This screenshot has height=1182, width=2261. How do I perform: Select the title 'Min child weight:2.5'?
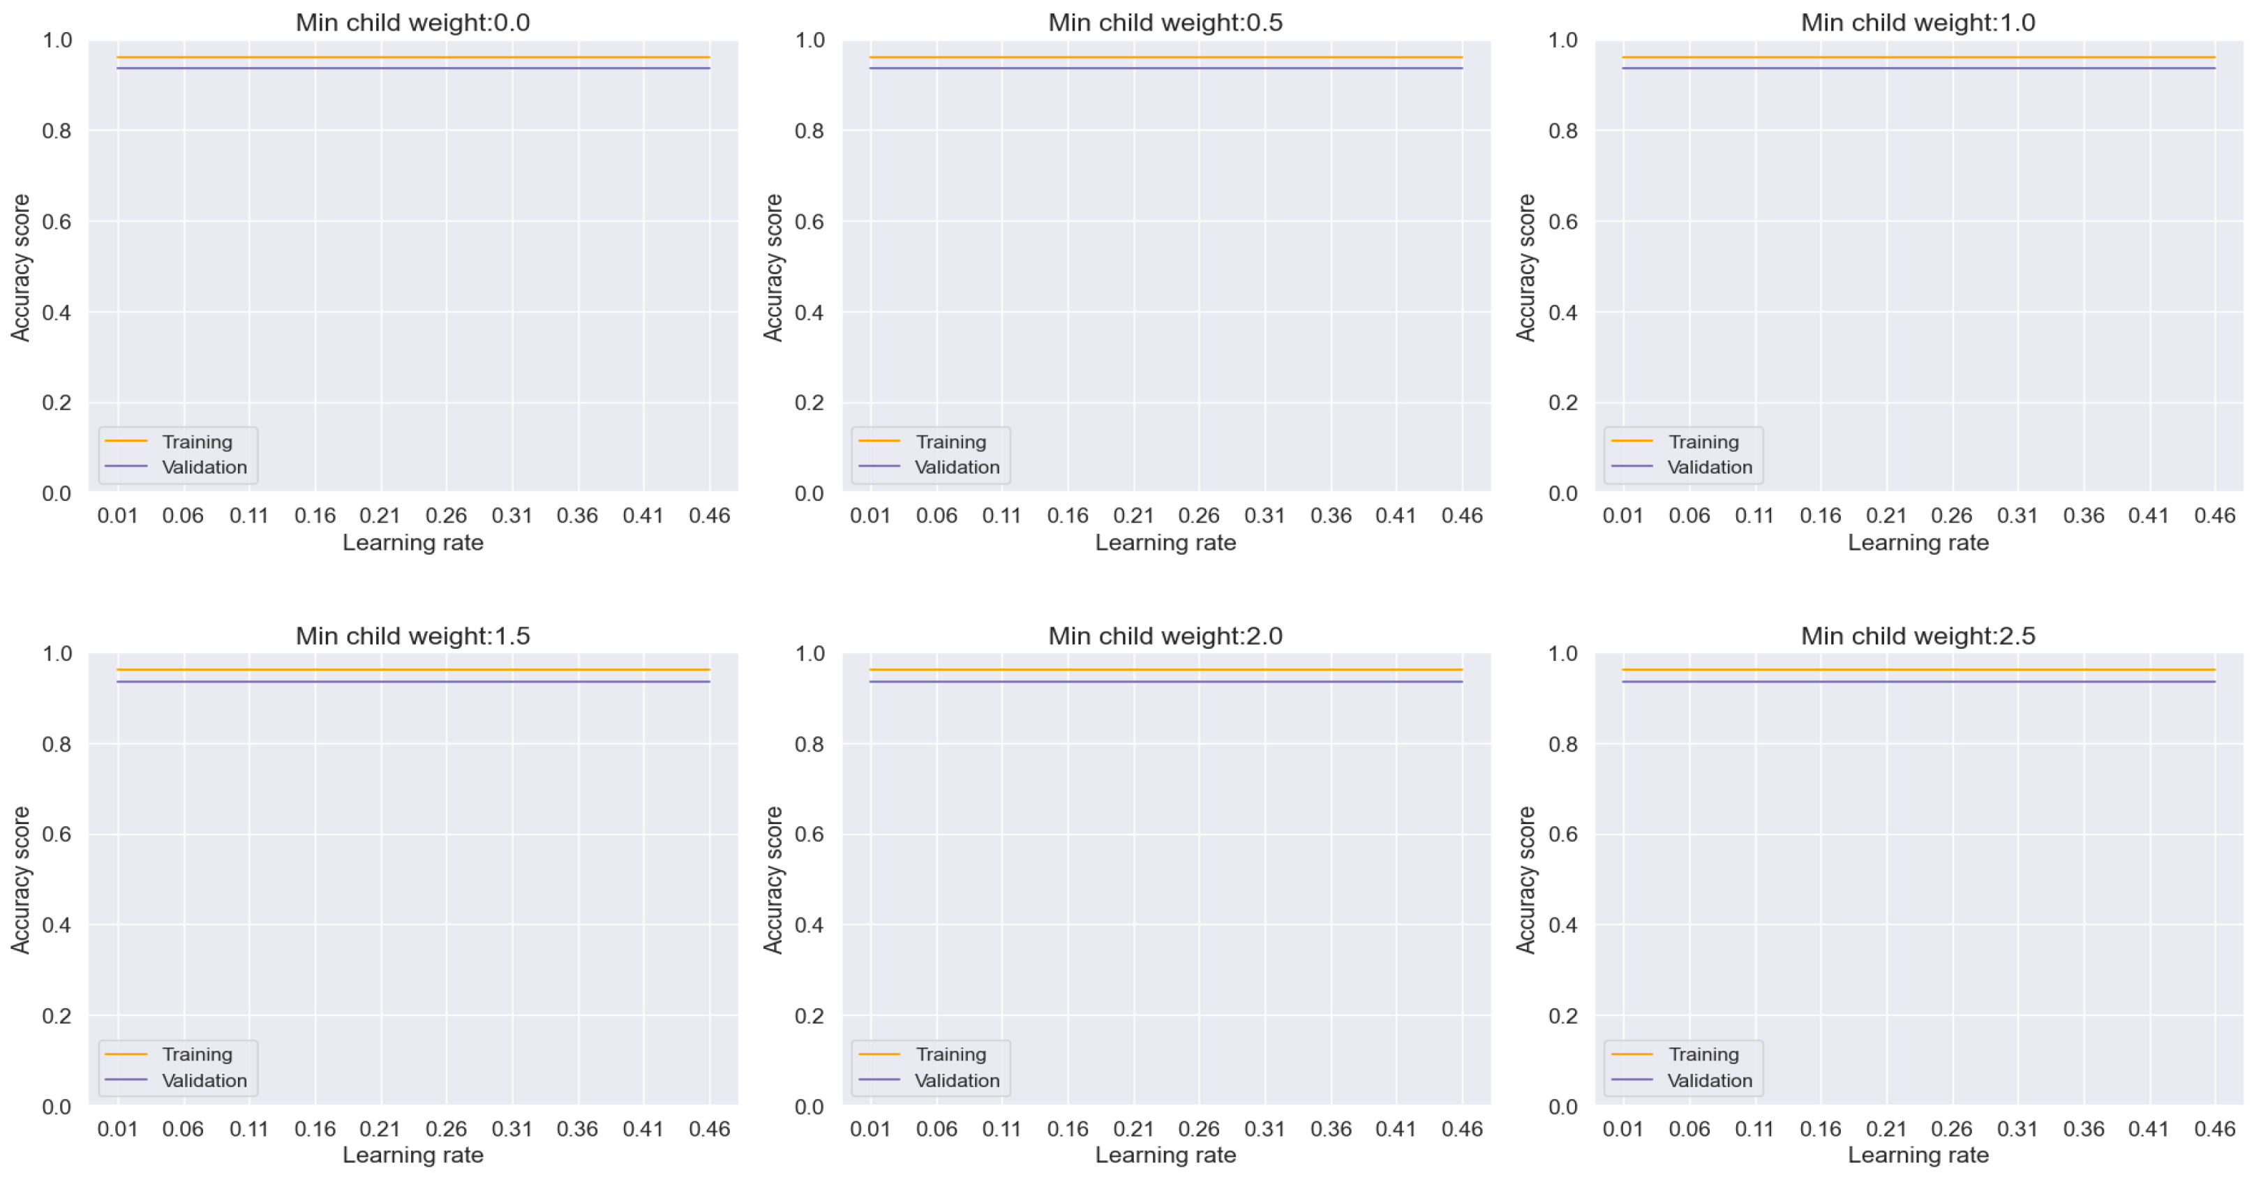point(1918,636)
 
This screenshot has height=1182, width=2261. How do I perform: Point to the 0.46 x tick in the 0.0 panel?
point(709,516)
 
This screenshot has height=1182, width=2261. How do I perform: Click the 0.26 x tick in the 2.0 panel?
point(1198,1128)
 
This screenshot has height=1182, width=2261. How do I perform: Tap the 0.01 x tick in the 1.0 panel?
point(1622,516)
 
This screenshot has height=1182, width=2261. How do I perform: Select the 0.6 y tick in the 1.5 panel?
point(57,835)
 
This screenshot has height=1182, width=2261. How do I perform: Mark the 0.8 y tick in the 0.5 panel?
point(809,130)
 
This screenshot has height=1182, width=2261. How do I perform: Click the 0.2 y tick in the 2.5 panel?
point(1562,1015)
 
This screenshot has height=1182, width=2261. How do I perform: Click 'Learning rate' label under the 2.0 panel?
point(1165,1155)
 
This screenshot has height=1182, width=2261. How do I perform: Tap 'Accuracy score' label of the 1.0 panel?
point(1525,268)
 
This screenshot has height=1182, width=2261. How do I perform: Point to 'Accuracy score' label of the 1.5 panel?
point(20,880)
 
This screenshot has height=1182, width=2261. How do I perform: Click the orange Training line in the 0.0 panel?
point(412,57)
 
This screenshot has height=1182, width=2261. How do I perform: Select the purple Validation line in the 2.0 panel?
point(1165,682)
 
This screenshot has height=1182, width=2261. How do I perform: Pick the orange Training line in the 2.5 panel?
point(1918,670)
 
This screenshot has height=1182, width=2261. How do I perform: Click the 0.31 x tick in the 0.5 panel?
point(1264,516)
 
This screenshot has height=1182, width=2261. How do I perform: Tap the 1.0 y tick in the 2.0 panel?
point(809,654)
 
